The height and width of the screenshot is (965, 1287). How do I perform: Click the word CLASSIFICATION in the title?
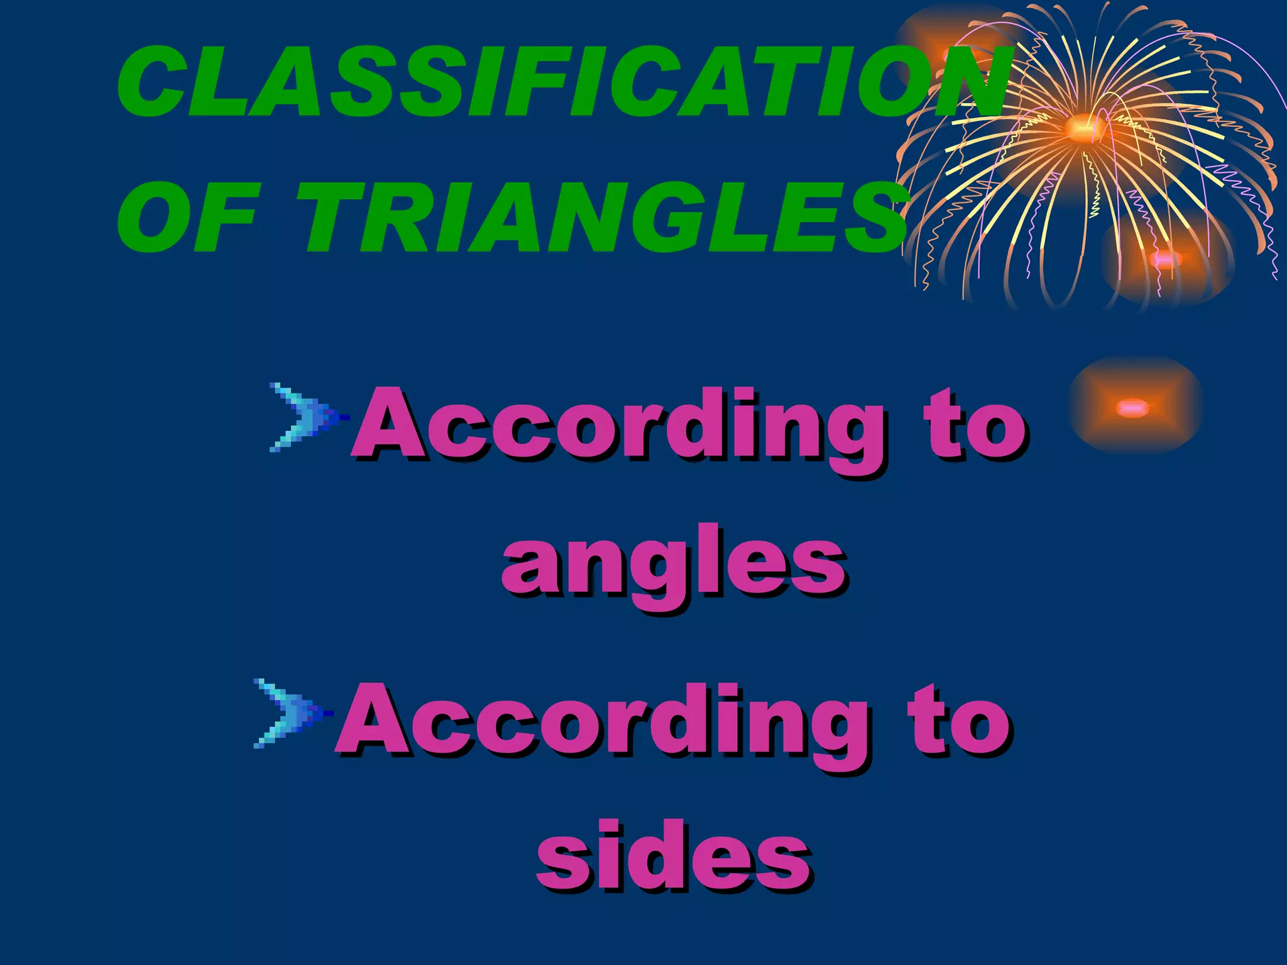click(559, 82)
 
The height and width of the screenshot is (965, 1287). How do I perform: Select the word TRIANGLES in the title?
click(603, 217)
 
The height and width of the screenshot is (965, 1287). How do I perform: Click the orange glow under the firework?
click(1166, 259)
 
